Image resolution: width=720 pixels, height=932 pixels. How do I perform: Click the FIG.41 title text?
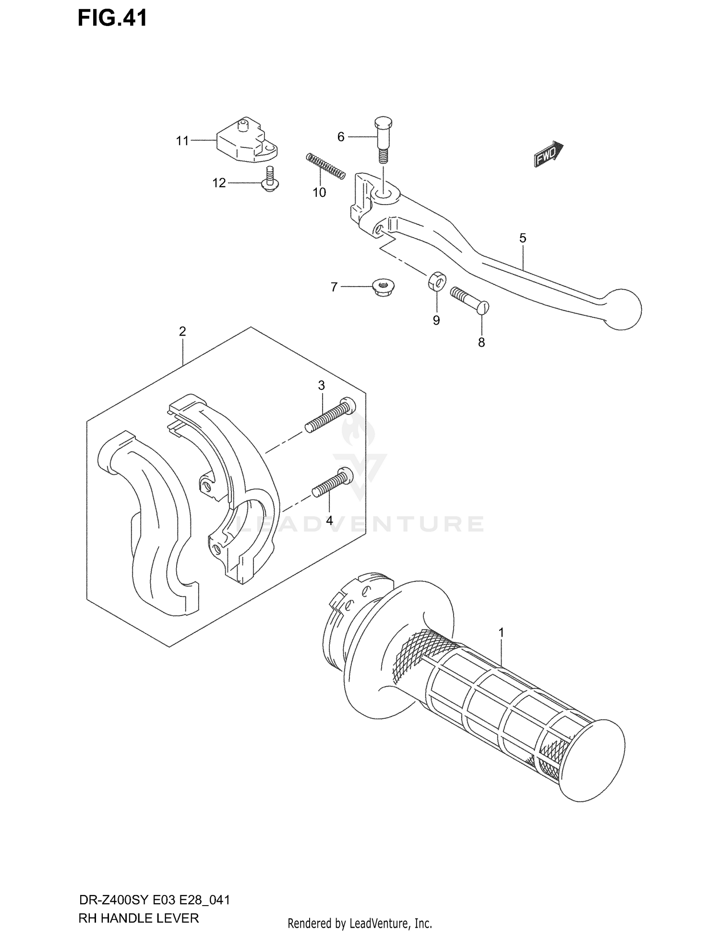point(113,18)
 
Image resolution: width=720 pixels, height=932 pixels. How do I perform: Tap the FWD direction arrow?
point(548,154)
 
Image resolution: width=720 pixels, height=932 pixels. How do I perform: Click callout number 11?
point(182,141)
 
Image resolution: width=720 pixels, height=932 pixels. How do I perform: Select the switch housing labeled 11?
point(245,141)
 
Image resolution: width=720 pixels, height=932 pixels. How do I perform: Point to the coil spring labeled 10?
point(325,166)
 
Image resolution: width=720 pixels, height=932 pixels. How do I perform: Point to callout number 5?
point(523,238)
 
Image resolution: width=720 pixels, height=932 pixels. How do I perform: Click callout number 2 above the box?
point(182,331)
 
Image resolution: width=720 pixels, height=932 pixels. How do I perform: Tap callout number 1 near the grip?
point(501,633)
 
